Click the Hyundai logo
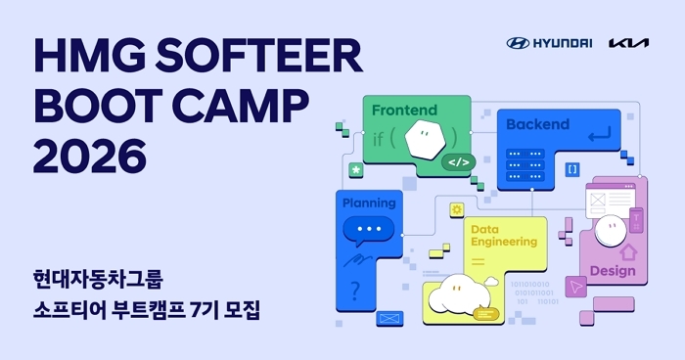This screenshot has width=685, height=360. (x=549, y=43)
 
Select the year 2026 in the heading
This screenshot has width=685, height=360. (x=90, y=154)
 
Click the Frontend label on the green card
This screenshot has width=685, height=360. (x=404, y=111)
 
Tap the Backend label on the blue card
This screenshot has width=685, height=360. (x=537, y=124)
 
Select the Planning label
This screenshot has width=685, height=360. (x=369, y=203)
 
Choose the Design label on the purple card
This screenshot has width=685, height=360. (x=613, y=271)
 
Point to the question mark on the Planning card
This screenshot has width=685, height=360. (x=355, y=289)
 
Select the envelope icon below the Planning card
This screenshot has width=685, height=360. (x=389, y=318)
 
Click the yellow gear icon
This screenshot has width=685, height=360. (x=456, y=209)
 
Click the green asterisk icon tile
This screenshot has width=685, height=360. (x=356, y=170)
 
